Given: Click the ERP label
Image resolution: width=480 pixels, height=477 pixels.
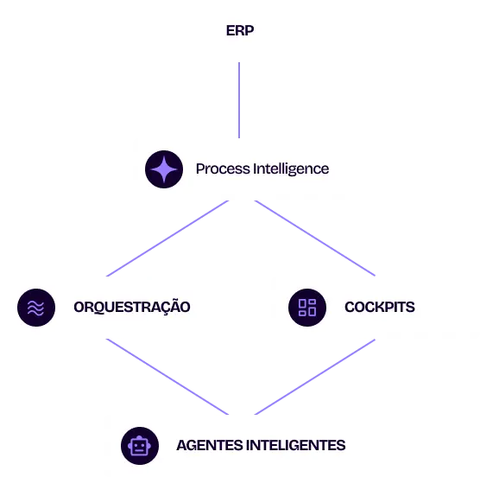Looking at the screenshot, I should (241, 31).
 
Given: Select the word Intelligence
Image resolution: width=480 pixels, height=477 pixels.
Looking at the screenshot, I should (291, 169).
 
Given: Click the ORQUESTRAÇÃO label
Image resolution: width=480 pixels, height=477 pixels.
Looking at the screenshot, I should (132, 307).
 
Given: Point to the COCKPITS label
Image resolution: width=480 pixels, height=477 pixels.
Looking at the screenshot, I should (379, 307).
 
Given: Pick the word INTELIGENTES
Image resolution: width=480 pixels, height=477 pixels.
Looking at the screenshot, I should (295, 446).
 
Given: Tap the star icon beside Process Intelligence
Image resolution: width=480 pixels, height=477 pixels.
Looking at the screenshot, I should (163, 169).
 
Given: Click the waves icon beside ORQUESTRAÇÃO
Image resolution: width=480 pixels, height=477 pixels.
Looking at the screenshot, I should (35, 308).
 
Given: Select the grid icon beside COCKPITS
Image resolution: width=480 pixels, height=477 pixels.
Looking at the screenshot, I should (307, 308).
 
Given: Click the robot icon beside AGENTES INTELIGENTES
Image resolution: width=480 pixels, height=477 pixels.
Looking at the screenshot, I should (139, 446).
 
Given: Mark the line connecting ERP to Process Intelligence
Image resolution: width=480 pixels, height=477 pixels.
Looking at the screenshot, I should (238, 99).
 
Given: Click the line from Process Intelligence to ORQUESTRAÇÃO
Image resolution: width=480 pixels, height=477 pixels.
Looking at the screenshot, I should (168, 238).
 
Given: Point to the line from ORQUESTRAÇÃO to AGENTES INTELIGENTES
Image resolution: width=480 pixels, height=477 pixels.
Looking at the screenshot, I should (168, 376).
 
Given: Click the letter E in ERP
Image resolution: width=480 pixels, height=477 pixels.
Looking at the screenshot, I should (231, 31).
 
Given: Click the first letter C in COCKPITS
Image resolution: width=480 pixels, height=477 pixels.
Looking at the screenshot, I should (350, 307).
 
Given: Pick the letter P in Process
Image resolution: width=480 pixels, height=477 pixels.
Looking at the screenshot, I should (200, 169).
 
